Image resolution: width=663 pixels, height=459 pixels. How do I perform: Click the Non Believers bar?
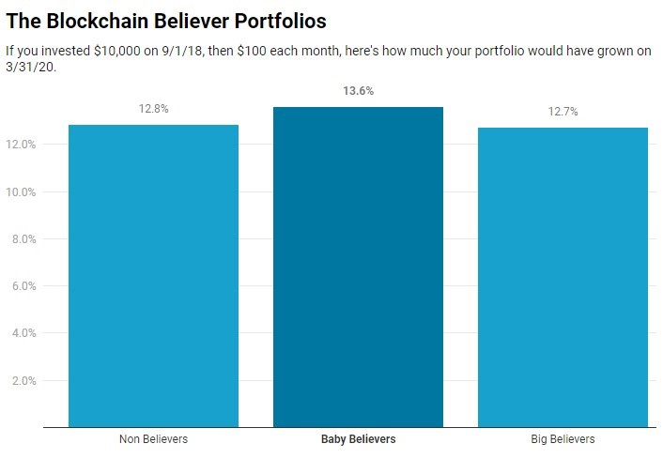tap(153, 276)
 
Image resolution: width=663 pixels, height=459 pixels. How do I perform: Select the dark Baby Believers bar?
tap(358, 268)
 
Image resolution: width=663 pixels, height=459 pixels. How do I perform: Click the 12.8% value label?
tap(153, 109)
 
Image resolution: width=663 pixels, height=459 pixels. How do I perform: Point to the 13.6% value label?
tap(358, 92)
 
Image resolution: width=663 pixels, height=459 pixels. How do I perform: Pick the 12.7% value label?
tap(563, 112)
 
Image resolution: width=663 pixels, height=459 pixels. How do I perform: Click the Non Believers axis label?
tap(153, 439)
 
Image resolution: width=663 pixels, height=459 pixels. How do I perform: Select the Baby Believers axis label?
tap(358, 439)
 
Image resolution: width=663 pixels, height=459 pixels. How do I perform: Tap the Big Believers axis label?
tap(563, 439)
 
